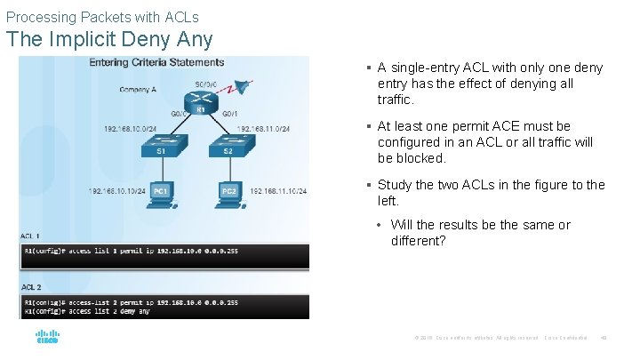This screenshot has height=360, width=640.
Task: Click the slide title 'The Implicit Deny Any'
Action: click(x=109, y=40)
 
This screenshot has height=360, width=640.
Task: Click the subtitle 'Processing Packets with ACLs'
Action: click(x=102, y=17)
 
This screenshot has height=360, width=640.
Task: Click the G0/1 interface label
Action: click(x=229, y=114)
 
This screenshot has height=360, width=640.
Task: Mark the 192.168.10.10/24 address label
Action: click(x=117, y=191)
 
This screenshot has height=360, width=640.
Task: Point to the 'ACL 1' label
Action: click(x=32, y=236)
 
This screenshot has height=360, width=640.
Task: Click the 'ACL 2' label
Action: click(x=32, y=286)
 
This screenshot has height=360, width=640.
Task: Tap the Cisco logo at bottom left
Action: click(x=47, y=338)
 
